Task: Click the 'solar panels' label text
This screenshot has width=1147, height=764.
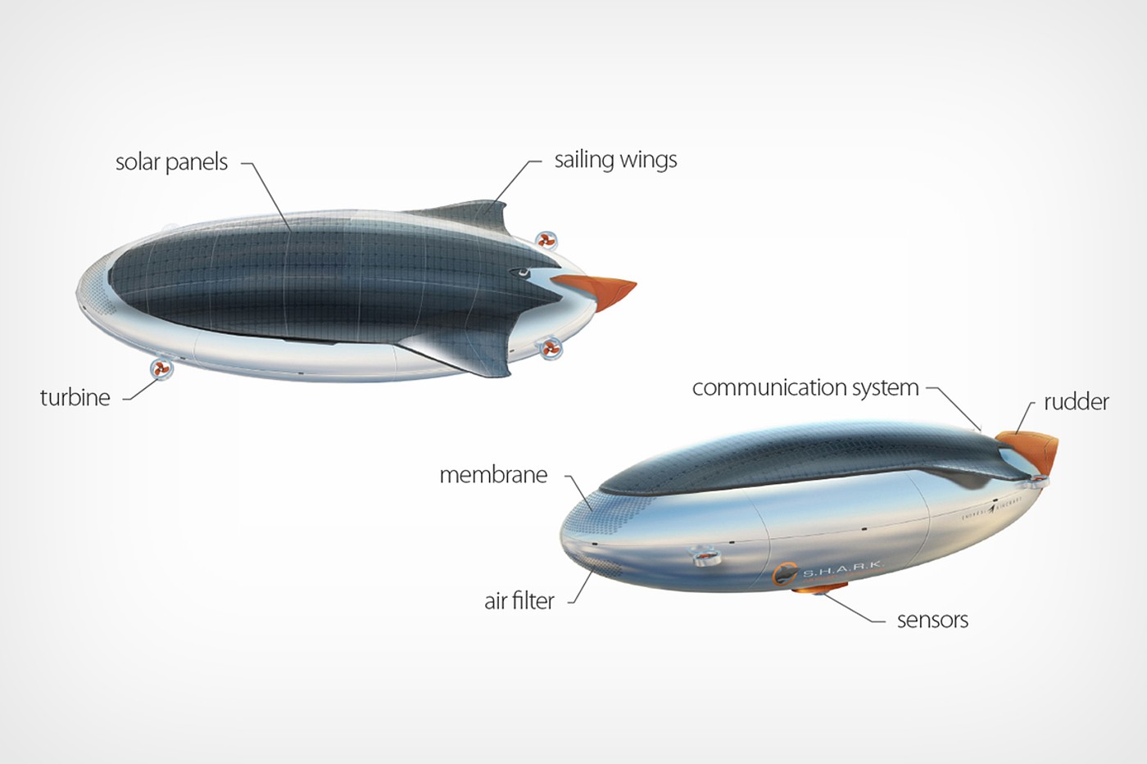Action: click(x=171, y=162)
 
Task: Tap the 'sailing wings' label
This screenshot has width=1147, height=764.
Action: click(x=615, y=160)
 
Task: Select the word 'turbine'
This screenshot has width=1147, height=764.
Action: click(x=75, y=398)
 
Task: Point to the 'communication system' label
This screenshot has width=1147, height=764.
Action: click(x=805, y=388)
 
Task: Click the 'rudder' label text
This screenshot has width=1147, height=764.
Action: click(x=1076, y=402)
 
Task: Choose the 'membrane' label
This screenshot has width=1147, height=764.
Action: click(x=493, y=475)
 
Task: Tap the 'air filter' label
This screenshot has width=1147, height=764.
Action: click(x=519, y=602)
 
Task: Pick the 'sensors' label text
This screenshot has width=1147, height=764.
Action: click(x=932, y=621)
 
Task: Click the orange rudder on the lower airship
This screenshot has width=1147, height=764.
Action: click(x=1034, y=450)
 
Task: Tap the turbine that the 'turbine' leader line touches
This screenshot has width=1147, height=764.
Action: click(x=161, y=369)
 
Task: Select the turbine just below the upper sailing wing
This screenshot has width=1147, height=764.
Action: click(x=546, y=241)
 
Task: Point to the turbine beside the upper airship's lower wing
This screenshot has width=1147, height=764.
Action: click(x=550, y=349)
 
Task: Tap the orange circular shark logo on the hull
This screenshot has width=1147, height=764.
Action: click(x=785, y=574)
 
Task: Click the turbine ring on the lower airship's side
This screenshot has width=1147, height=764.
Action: click(x=703, y=556)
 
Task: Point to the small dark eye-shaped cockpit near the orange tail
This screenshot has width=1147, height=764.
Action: click(x=519, y=273)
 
